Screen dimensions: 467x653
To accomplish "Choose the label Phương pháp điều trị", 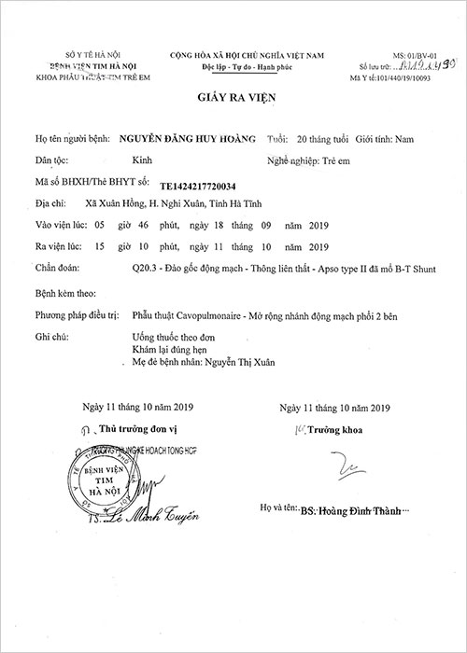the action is tap(76, 316).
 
